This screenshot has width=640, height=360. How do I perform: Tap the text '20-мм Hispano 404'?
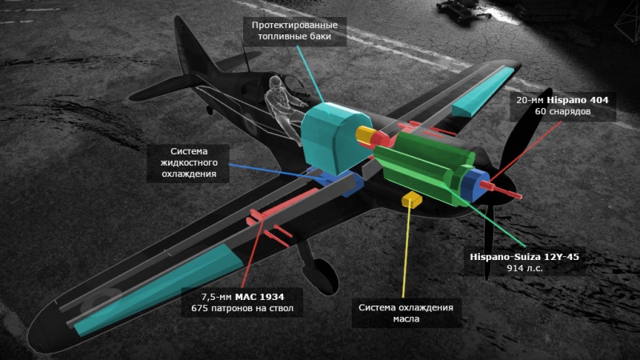(562, 100)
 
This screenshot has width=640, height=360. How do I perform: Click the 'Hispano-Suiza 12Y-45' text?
(523, 258)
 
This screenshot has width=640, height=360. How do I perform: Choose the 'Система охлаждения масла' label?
(406, 313)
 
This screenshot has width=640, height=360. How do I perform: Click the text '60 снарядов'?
(562, 112)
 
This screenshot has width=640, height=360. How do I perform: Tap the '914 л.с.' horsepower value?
(523, 270)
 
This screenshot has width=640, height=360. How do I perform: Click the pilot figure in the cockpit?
(280, 100)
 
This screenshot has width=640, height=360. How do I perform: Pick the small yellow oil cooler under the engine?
(413, 198)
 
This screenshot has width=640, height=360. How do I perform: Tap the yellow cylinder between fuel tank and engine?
(367, 137)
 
